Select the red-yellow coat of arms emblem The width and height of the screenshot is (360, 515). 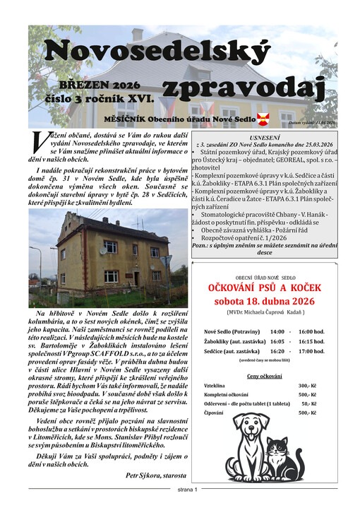point(263,118)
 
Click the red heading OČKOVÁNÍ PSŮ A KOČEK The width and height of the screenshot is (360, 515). point(265,288)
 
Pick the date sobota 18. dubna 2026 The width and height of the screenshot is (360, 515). point(265,301)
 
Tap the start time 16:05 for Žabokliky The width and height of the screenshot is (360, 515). point(277,341)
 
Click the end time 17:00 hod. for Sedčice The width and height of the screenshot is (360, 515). point(311,350)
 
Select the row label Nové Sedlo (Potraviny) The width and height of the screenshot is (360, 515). point(231,331)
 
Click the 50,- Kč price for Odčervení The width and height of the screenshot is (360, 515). point(309,403)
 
